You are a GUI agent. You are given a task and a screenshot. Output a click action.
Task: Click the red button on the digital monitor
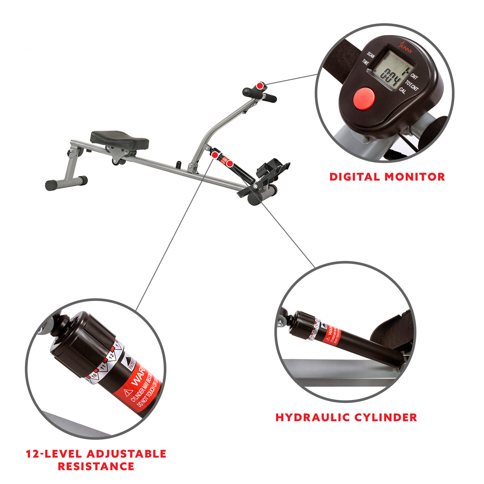click(x=364, y=98)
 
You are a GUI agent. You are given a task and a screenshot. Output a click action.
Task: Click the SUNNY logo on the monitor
click(x=403, y=48)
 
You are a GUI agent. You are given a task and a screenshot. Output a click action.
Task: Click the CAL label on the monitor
click(x=402, y=90)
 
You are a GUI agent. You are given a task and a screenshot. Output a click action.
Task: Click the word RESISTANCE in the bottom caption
click(x=96, y=467)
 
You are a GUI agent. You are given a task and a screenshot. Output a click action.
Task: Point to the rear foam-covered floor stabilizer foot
click(x=66, y=183)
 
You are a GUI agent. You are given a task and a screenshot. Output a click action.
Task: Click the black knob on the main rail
click(x=178, y=165)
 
